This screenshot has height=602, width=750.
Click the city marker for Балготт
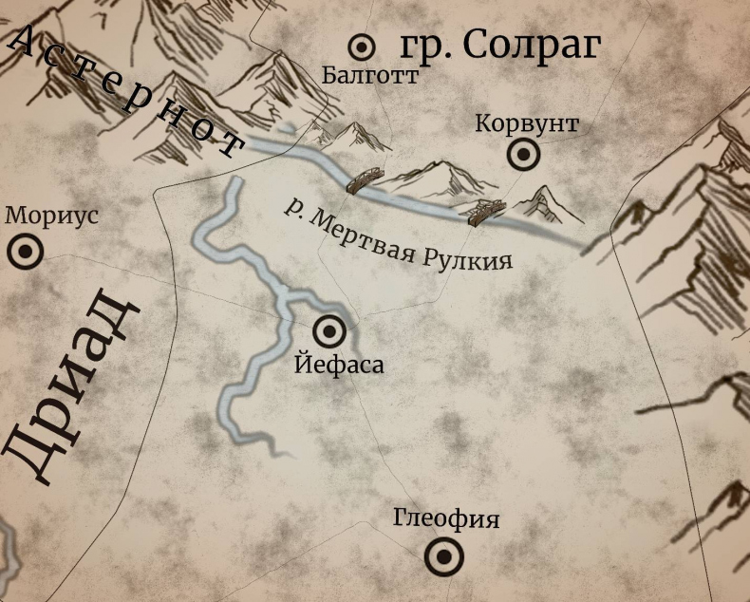[x=362, y=47]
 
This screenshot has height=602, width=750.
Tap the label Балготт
[x=369, y=76]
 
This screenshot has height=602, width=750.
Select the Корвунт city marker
[x=522, y=154]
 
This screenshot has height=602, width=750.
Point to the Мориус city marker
[x=25, y=252]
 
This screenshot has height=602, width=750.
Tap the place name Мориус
[x=51, y=215]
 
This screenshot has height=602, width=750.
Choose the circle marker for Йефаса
[x=330, y=331]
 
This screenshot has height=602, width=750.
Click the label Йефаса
[x=339, y=364]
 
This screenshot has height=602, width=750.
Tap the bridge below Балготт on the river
[x=365, y=179]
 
